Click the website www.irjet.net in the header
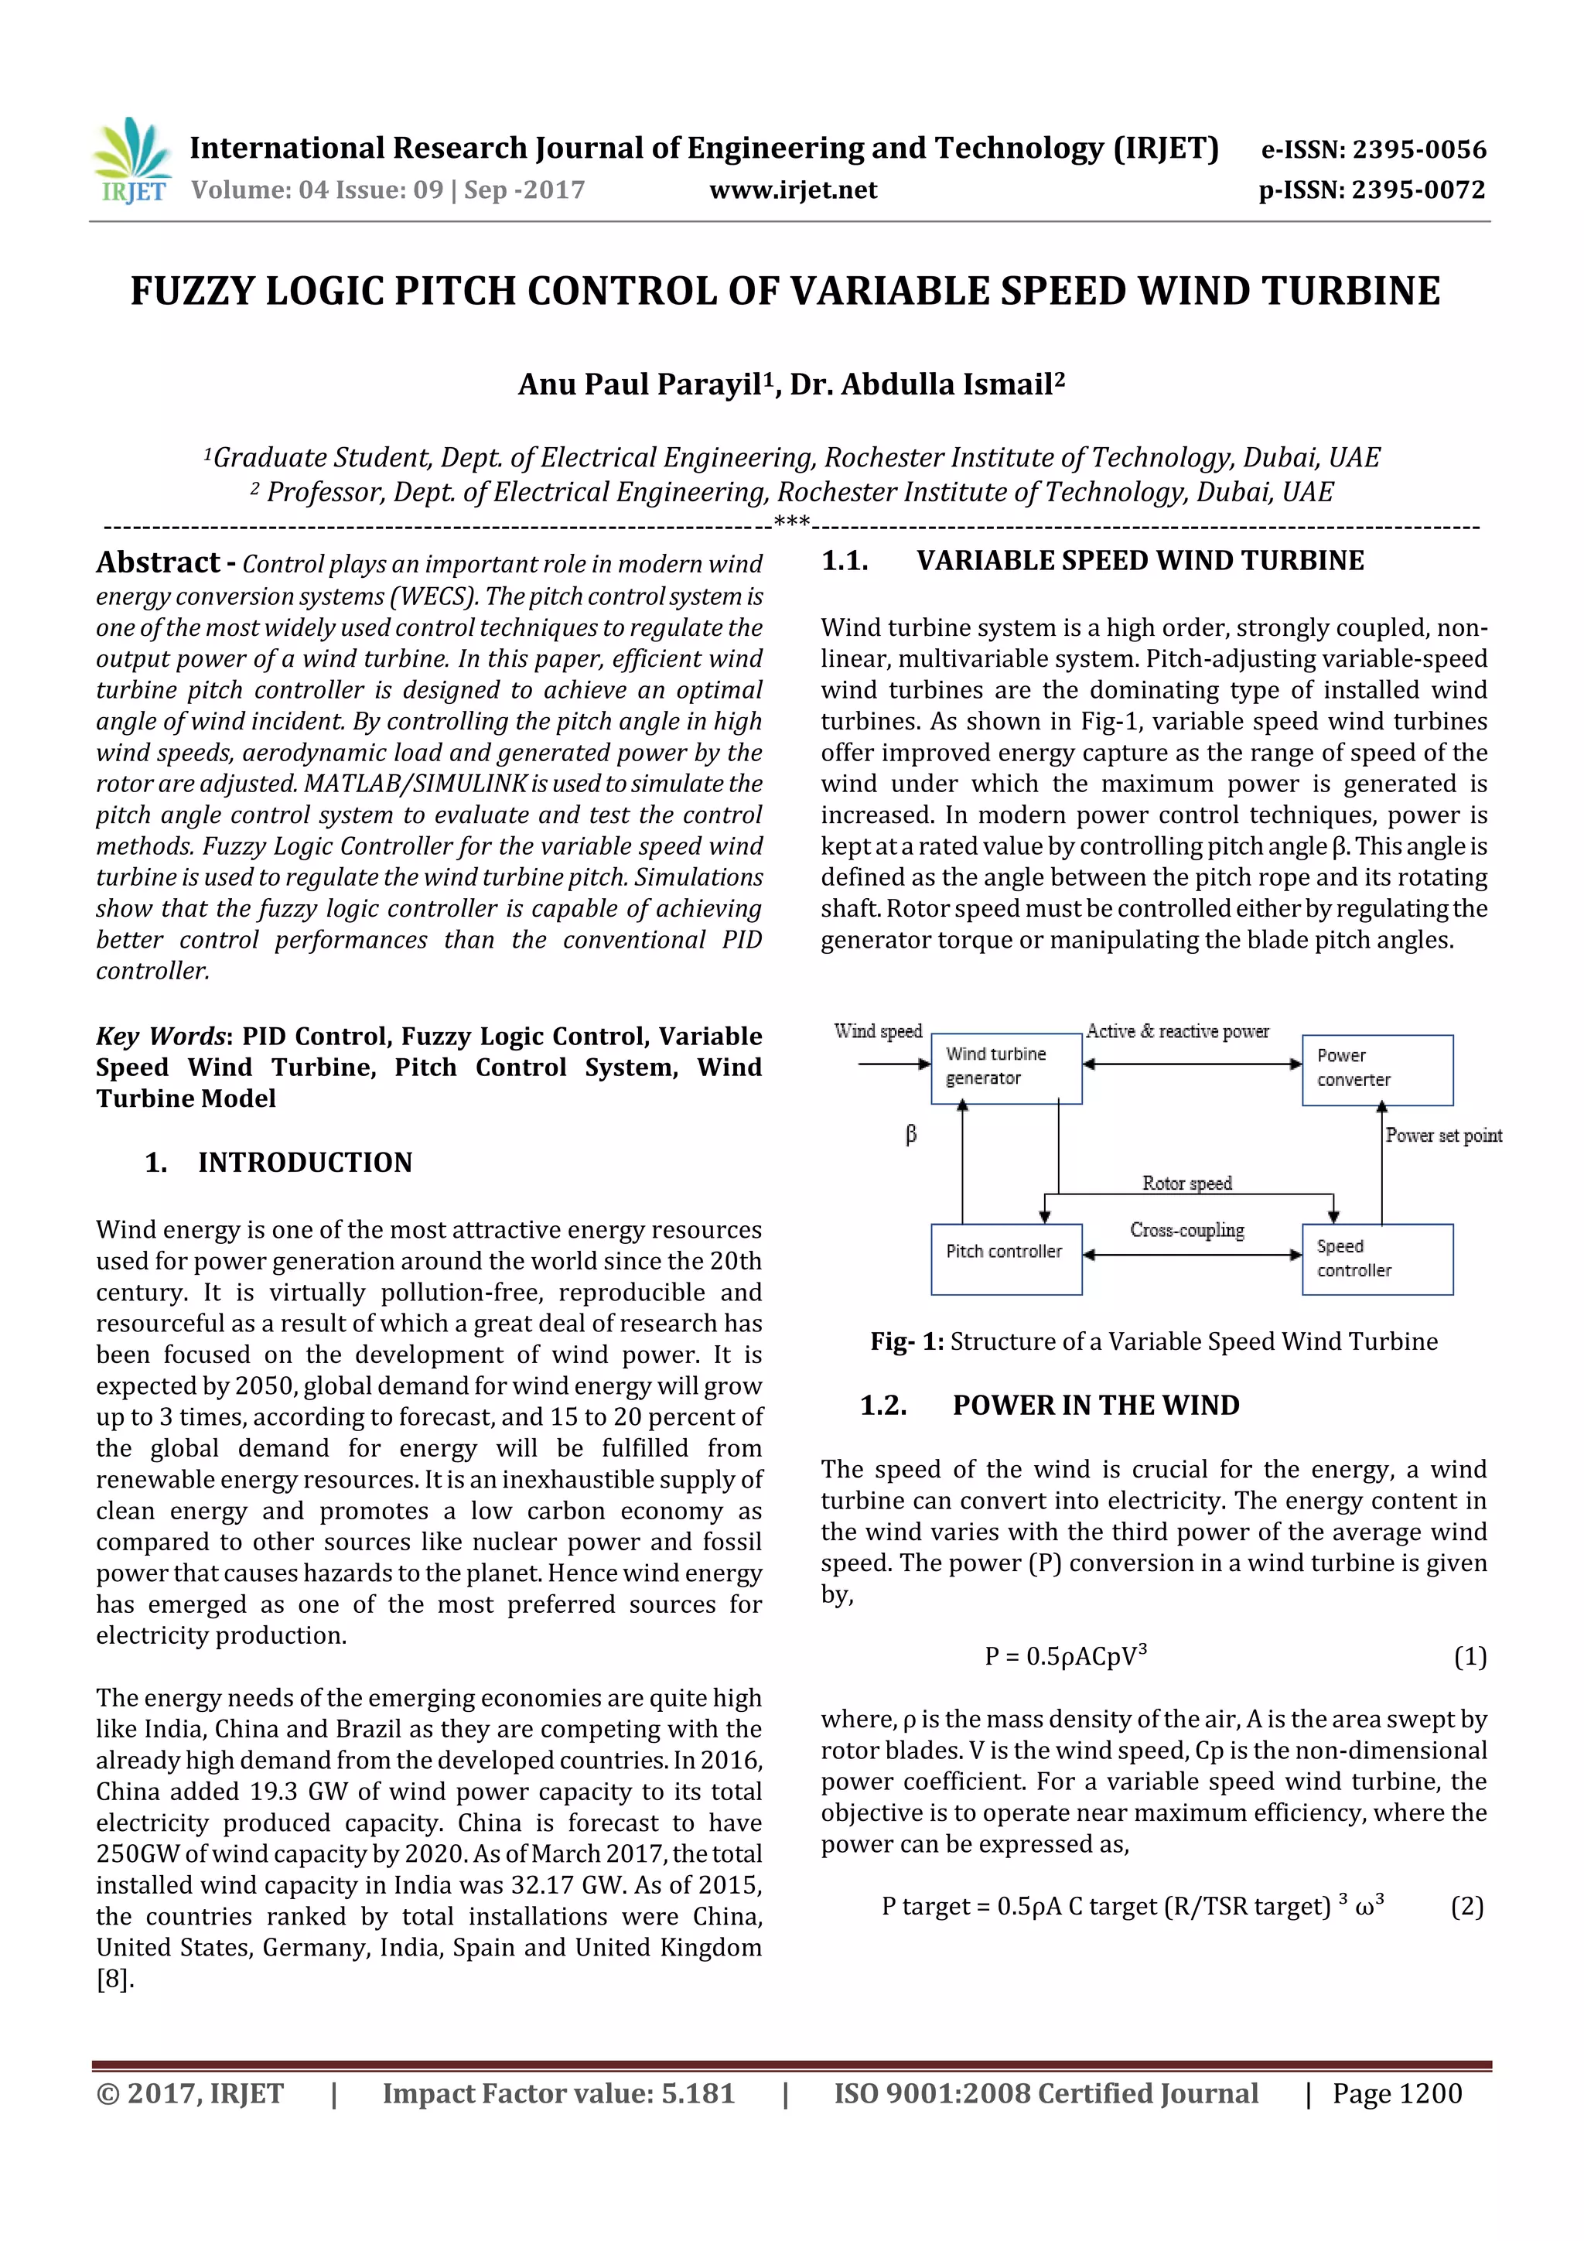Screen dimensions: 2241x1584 [793, 190]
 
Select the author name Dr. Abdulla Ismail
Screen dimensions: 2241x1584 [927, 384]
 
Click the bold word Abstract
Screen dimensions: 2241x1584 [158, 562]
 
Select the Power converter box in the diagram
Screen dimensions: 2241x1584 [1376, 1069]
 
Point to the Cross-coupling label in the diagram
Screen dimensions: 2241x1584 [1186, 1230]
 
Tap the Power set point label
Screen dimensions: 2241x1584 [1443, 1135]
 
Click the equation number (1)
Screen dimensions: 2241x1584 [1470, 1656]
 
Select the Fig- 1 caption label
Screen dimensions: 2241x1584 [906, 1341]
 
